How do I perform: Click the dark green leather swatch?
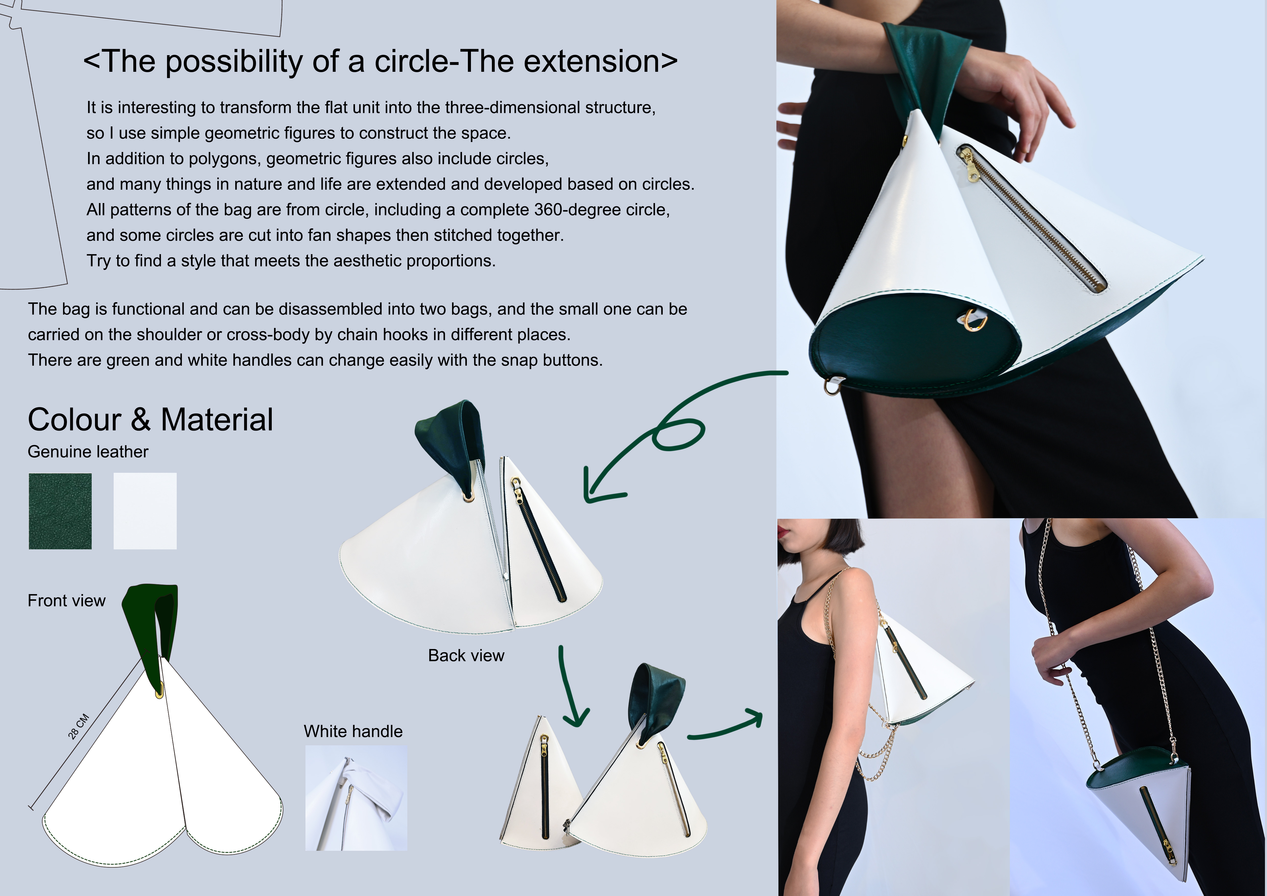[x=60, y=511]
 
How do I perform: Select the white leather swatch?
[x=145, y=511]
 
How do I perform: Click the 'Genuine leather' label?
[x=88, y=452]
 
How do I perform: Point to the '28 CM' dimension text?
[x=78, y=726]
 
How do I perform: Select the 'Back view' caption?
[x=466, y=655]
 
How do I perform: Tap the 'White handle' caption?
[x=353, y=732]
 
